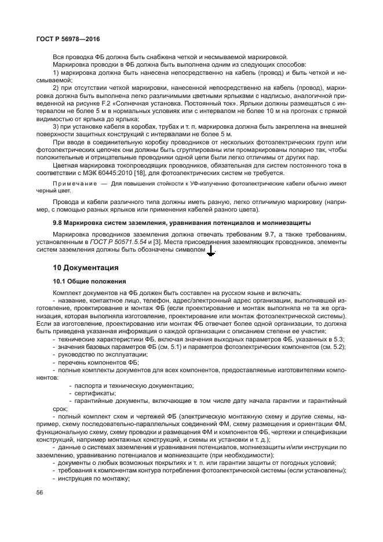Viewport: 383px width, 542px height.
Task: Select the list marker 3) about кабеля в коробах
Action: click(x=56, y=126)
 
